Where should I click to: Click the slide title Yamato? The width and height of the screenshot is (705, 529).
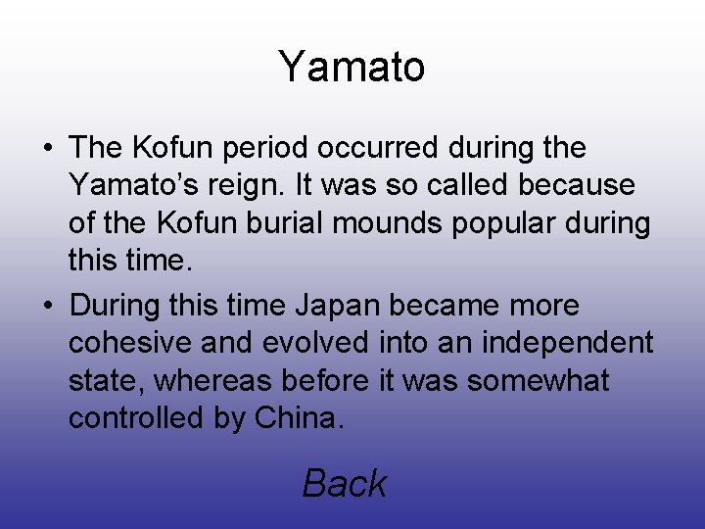[352, 67]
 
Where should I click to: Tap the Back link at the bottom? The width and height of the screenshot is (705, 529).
[344, 483]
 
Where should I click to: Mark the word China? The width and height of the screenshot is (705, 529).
[297, 418]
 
